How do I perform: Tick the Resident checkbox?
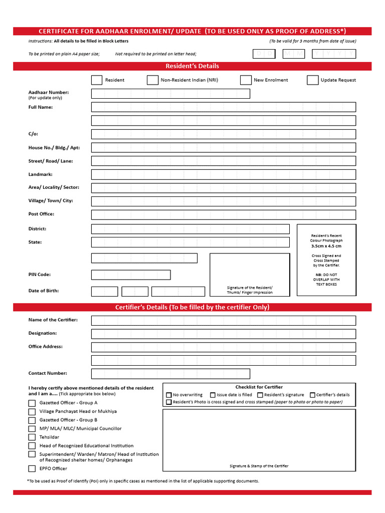pos(97,80)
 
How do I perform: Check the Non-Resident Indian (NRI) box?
pos(152,80)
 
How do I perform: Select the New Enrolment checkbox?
pos(246,80)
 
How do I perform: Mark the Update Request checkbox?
pos(312,80)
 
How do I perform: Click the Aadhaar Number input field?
pos(170,94)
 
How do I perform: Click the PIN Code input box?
pos(131,275)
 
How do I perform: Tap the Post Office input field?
pos(224,214)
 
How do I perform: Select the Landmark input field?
pos(224,174)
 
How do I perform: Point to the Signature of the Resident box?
pos(250,275)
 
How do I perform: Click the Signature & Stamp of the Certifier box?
pos(259,440)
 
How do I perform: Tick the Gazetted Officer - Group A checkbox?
pos(32,403)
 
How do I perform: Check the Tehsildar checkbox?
pos(32,437)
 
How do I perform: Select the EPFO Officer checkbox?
pos(32,469)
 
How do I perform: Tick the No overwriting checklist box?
pos(169,395)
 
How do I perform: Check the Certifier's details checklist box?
pos(312,395)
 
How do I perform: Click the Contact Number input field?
pos(170,374)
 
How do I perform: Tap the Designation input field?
pos(224,334)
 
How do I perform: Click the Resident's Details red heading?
pos(192,66)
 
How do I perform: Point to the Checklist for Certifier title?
pos(259,387)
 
